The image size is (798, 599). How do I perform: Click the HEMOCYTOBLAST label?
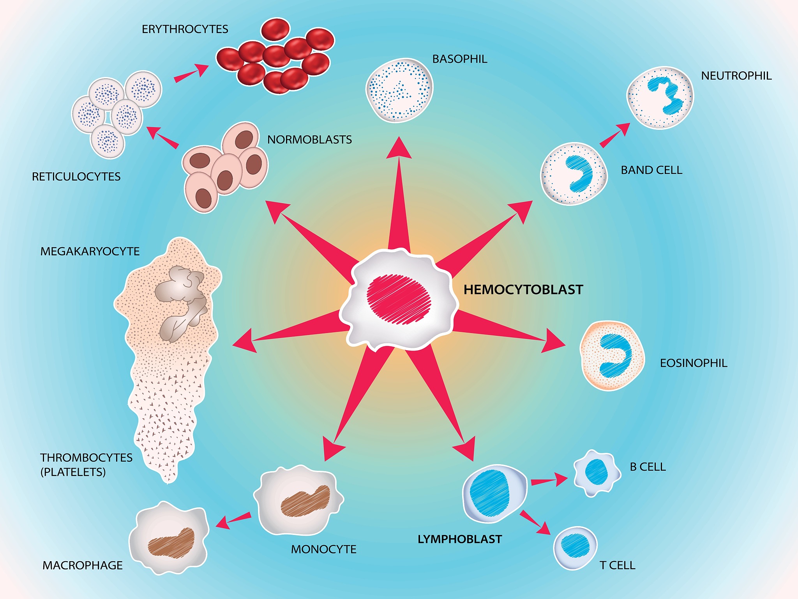(x=523, y=290)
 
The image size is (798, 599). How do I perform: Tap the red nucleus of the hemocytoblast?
(x=399, y=299)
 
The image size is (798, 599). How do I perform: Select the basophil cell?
(x=399, y=90)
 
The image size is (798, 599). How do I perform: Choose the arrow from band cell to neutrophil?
(x=614, y=135)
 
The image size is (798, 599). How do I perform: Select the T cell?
(x=575, y=548)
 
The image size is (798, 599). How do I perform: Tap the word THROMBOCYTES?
(x=86, y=457)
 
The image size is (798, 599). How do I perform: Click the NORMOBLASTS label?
(x=309, y=140)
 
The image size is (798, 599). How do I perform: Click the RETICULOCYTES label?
(x=76, y=177)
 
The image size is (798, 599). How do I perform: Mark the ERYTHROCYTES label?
(x=185, y=29)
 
